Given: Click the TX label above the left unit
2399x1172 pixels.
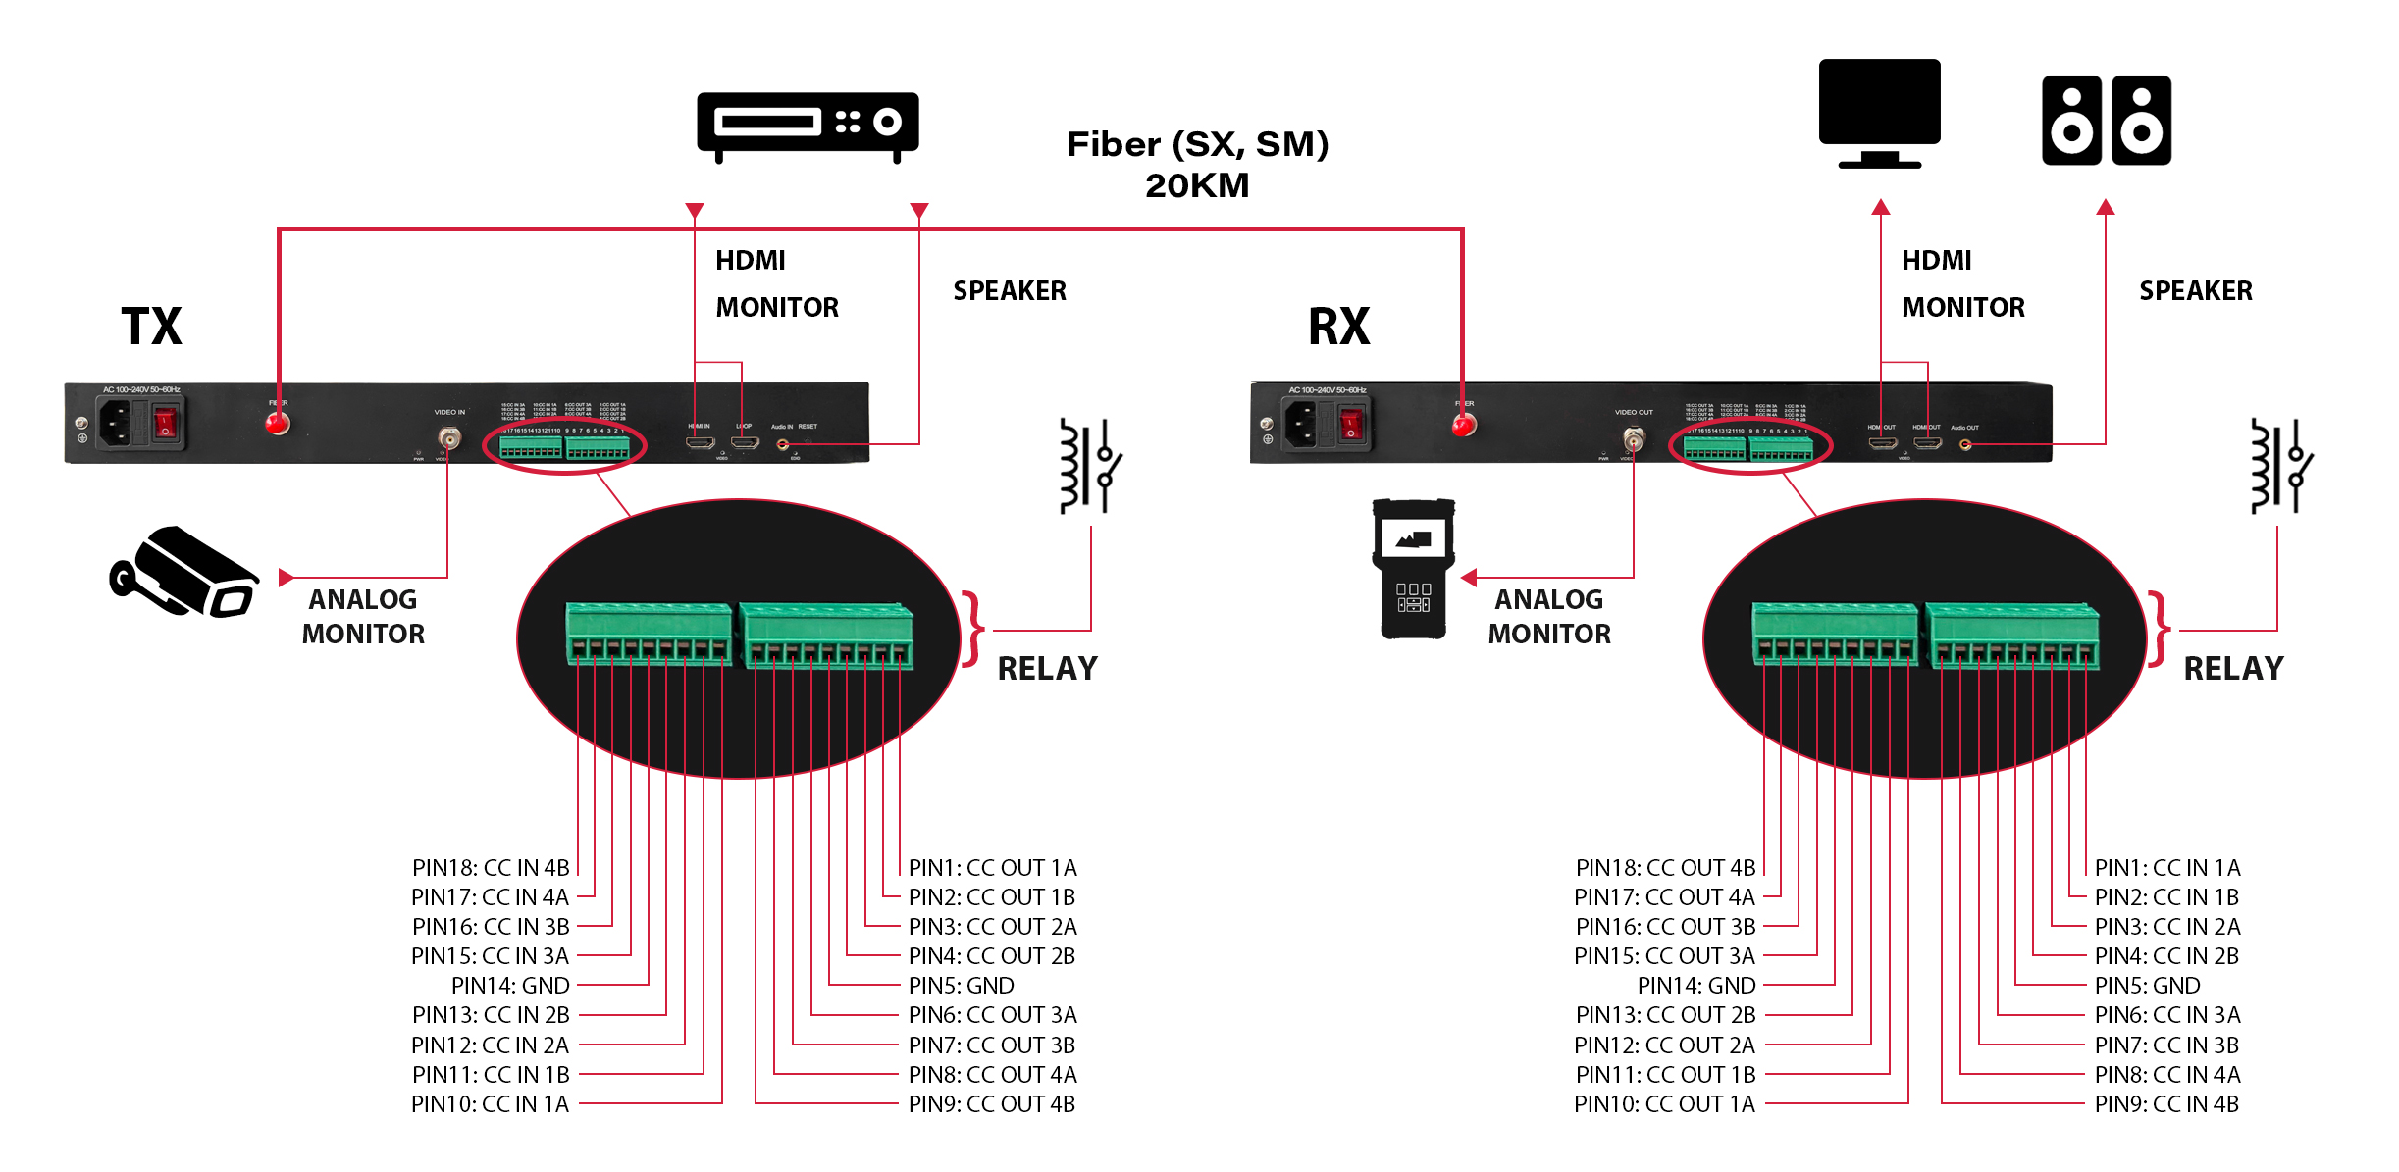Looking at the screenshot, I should click(152, 327).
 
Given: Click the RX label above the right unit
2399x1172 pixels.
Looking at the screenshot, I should click(1338, 327).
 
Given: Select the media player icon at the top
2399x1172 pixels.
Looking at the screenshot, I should click(807, 126).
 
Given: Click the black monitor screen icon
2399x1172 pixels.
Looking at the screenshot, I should click(1879, 103).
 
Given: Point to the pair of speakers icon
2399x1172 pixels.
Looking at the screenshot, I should click(2106, 121).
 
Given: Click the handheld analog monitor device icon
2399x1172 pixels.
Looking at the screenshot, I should click(1413, 569).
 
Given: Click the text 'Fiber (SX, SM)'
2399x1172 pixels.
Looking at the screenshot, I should click(1197, 144).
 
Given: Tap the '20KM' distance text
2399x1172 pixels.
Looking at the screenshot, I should click(1197, 185).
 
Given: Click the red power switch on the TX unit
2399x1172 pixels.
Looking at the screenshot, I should click(166, 425).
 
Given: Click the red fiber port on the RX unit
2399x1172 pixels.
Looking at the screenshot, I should click(1463, 425).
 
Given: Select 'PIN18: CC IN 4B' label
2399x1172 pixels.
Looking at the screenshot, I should click(491, 868).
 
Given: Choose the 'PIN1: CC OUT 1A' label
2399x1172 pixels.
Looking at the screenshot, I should click(992, 868).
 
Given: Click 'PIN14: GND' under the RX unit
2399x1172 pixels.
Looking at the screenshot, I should click(1695, 986).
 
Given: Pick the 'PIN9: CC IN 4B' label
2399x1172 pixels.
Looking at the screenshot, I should click(2166, 1104).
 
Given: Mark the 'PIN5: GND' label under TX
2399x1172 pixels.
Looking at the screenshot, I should click(961, 986).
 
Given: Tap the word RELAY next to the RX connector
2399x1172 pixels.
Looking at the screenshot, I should click(2233, 669).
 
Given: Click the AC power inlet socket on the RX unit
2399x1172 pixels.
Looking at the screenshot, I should click(1301, 425).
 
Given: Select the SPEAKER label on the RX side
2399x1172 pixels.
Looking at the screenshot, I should click(2196, 291).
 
